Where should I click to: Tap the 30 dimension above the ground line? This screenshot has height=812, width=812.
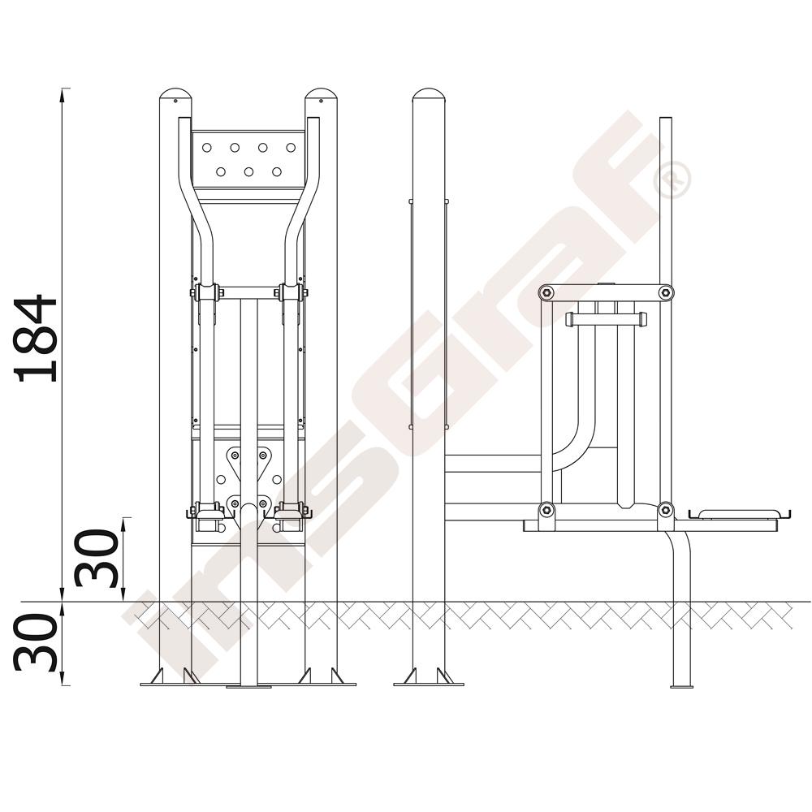97,558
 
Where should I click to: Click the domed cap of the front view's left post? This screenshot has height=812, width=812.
175,96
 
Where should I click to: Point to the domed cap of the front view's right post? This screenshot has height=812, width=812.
321,96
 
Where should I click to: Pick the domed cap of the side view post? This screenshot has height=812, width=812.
429,96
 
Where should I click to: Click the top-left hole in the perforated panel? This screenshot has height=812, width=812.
206,148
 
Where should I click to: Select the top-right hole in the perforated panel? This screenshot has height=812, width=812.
291,148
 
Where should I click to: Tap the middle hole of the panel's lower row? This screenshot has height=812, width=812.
248,171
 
